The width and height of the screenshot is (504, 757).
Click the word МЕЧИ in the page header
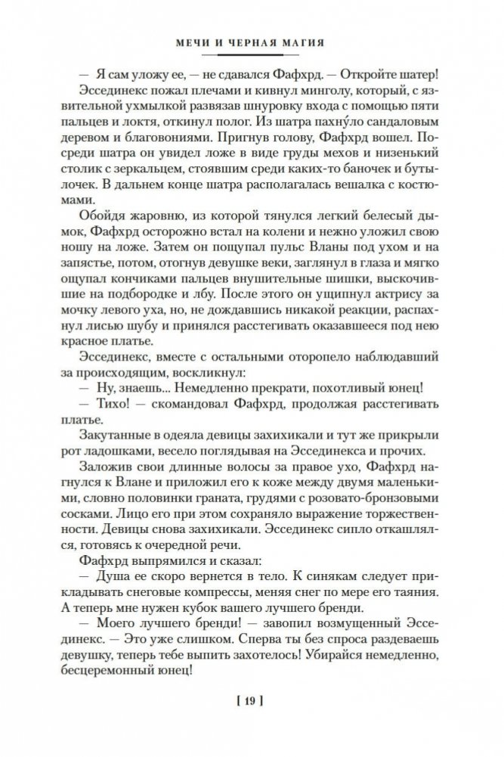pyautogui.click(x=187, y=44)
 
